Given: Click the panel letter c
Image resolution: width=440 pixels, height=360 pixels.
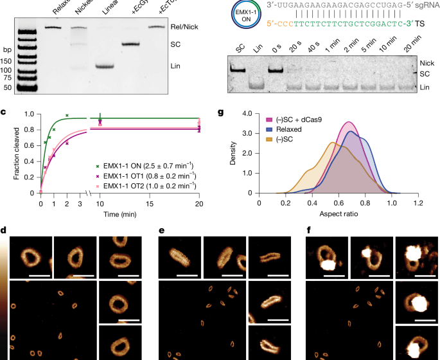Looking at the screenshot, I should (4, 113).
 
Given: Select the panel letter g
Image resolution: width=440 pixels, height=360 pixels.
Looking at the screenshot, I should (220, 113).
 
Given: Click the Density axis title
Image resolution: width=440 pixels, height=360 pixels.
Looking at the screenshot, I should (233, 152).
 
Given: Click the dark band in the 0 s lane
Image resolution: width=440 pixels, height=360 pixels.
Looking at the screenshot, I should (276, 69).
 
